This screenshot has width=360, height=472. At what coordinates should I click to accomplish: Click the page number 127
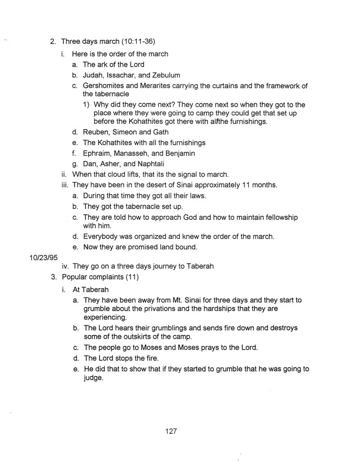click(171, 431)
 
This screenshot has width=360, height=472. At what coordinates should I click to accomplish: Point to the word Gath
click(158, 132)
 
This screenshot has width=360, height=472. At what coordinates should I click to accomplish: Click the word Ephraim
click(98, 153)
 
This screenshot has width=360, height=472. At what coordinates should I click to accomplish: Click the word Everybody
click(101, 236)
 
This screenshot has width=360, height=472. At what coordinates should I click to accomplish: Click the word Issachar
click(121, 75)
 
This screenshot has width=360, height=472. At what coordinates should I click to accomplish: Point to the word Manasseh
click(136, 153)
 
